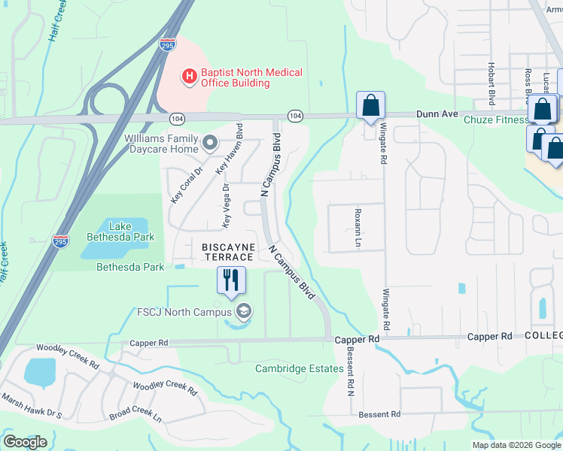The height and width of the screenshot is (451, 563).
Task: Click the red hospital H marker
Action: (x=189, y=77)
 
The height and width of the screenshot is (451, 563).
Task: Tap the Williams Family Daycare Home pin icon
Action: (x=209, y=141)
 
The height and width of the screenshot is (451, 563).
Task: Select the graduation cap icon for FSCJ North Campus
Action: (x=243, y=310)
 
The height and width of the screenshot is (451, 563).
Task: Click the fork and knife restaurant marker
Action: (x=232, y=280)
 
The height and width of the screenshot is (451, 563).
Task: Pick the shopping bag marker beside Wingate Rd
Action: (x=370, y=107)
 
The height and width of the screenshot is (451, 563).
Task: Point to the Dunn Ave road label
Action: (x=437, y=114)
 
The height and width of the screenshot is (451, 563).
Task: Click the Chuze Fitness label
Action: (x=495, y=120)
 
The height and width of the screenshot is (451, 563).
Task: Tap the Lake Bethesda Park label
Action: (x=120, y=232)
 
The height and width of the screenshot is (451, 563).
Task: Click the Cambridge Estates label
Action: (x=293, y=368)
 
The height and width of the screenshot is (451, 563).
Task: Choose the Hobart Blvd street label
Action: (x=491, y=83)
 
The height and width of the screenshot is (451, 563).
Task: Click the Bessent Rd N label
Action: (x=351, y=376)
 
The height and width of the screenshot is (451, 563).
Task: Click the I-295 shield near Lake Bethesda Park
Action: (x=61, y=241)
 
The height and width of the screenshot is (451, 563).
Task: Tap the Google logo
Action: (x=26, y=442)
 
